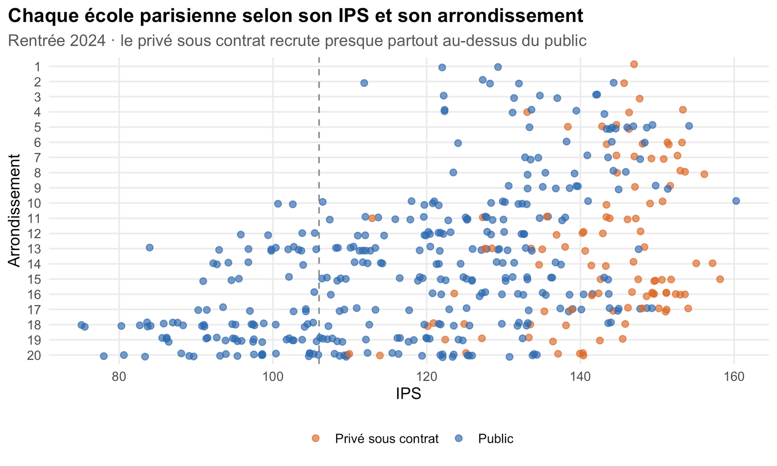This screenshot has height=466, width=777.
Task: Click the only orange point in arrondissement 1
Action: tap(634, 64)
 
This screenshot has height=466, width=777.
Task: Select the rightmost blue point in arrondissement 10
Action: tap(736, 201)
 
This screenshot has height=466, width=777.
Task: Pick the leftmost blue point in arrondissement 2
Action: tap(364, 83)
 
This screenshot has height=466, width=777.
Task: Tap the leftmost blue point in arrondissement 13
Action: tap(150, 248)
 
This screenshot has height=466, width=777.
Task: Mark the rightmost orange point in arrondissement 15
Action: tap(720, 279)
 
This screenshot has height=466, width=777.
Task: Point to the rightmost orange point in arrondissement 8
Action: tap(704, 174)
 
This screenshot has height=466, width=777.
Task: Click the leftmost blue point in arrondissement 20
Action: tap(104, 356)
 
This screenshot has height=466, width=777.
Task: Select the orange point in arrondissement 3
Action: tap(640, 99)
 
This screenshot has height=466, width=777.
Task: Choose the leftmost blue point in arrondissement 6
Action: tap(458, 143)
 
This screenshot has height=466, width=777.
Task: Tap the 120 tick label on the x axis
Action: tap(427, 377)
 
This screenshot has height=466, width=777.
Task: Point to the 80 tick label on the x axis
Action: tap(119, 377)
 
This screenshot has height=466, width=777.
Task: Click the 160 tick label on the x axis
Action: tap(734, 377)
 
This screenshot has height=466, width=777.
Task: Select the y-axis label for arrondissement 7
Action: tap(37, 157)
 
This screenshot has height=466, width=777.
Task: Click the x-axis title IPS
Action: tap(408, 394)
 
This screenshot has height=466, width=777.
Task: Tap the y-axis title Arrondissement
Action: tap(14, 211)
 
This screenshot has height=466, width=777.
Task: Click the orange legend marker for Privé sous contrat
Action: tap(316, 438)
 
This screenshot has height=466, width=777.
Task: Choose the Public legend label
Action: tap(496, 439)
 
